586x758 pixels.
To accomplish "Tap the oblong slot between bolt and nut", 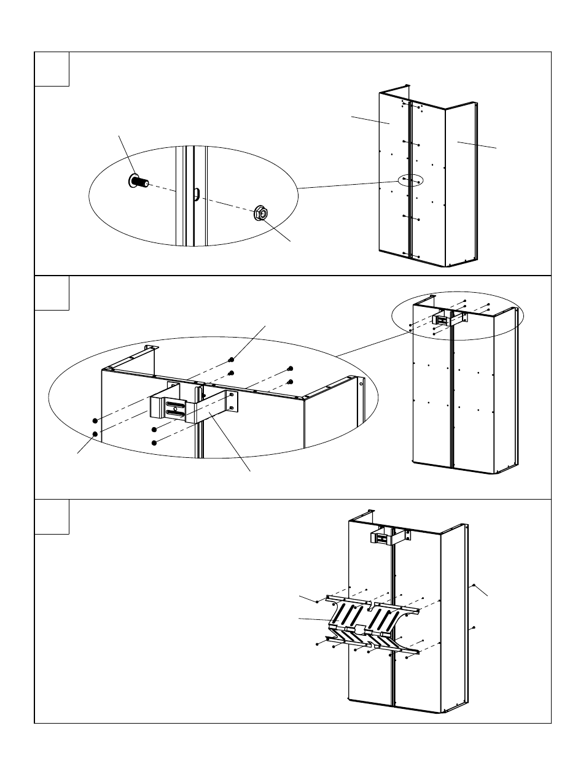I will (196, 193).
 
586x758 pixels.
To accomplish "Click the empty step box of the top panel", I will (52, 69).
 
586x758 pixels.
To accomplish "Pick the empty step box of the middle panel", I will (52, 293).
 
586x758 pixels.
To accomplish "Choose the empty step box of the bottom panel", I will (52, 517).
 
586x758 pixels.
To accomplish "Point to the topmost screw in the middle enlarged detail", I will (231, 360).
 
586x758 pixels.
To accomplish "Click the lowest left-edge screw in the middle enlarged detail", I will (95, 434).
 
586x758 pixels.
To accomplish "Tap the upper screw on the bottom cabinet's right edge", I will (474, 586).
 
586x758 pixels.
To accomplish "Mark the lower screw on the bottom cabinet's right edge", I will (474, 628).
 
